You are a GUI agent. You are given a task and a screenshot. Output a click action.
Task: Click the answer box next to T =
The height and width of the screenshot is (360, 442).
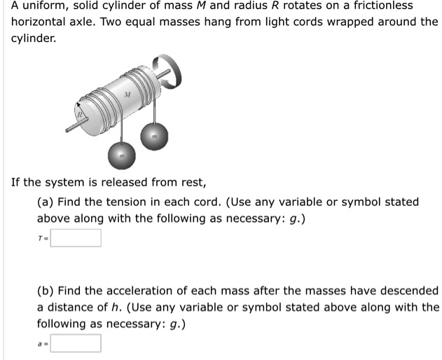[x=76, y=238]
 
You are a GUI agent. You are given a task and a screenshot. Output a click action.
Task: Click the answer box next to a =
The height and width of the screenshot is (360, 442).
[x=76, y=343]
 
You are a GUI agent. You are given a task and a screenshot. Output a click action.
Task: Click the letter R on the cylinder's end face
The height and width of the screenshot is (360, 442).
[x=80, y=111]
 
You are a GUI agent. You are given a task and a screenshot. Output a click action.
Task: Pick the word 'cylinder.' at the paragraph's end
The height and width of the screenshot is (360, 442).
[x=34, y=38]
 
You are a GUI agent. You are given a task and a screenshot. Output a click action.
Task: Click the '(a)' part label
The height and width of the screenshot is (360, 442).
[x=46, y=202]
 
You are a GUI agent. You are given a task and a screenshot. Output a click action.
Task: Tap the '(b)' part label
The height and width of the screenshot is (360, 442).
[x=46, y=290]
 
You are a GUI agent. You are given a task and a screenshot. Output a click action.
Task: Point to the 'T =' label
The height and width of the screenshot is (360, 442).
[x=43, y=239]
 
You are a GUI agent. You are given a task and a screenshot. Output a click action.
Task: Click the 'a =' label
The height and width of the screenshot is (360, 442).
[x=43, y=344]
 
